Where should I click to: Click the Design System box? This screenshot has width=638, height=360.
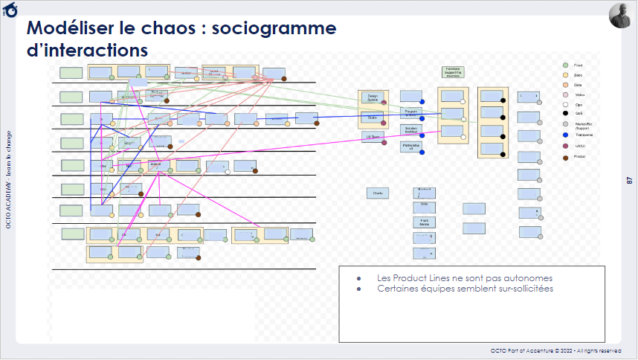point(372,97)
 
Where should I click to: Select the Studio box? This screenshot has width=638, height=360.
point(372,117)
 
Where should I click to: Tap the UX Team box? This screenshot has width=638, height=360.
point(372,137)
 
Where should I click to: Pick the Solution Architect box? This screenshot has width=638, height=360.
point(410,129)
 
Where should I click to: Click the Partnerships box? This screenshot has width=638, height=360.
point(410,147)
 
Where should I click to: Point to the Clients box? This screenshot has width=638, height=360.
point(377,193)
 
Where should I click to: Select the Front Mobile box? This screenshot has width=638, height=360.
point(424,222)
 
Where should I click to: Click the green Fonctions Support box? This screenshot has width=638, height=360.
point(453,72)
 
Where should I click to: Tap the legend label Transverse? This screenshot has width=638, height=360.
point(584,135)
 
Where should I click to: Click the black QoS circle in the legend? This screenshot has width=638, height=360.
point(566,114)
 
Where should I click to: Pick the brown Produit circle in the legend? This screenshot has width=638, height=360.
point(566,157)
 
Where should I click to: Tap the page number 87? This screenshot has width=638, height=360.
point(629,180)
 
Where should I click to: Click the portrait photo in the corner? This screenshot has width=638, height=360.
point(621,16)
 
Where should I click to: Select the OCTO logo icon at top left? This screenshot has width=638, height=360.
point(11,10)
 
